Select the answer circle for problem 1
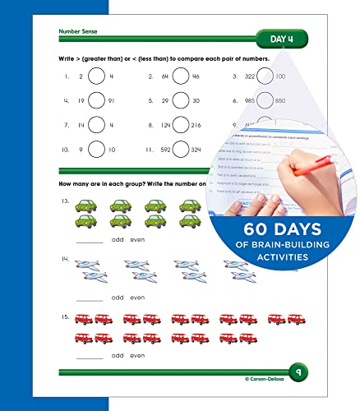[97, 77]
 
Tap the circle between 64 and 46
[181, 77]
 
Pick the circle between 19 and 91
[97, 101]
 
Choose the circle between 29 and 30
[181, 101]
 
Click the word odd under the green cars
[118, 241]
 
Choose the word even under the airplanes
[137, 298]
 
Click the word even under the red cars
[137, 355]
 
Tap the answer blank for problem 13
[90, 242]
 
